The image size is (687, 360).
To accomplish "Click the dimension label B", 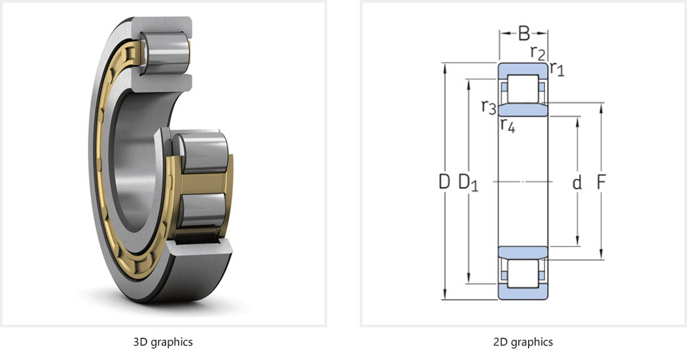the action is click(x=523, y=33).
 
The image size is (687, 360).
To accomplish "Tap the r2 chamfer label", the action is click(x=538, y=52).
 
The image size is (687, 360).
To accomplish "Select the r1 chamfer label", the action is click(x=557, y=69).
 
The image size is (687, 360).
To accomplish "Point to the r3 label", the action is click(x=489, y=107).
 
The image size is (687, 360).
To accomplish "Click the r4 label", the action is click(x=508, y=124).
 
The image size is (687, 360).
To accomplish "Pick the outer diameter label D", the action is click(x=444, y=181).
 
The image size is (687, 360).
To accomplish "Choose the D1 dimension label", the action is click(x=468, y=183).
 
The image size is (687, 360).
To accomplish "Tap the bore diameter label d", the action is click(x=577, y=181).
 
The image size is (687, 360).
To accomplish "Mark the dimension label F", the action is click(x=601, y=181).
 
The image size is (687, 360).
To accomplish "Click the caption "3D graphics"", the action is click(x=163, y=342).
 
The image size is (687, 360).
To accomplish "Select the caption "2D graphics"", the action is click(x=523, y=342).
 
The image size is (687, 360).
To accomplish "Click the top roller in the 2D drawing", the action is click(x=523, y=89).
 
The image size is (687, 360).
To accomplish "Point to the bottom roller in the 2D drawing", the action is click(x=523, y=274).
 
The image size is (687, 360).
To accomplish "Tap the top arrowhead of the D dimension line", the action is click(x=445, y=67).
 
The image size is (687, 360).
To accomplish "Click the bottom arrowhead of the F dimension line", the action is click(x=601, y=255).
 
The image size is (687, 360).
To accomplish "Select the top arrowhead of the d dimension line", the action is click(x=578, y=122).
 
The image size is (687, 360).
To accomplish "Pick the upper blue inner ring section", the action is click(x=523, y=109).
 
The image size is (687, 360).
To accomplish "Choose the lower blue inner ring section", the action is click(x=523, y=253).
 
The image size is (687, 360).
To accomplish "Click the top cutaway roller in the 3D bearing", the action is click(x=167, y=50).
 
